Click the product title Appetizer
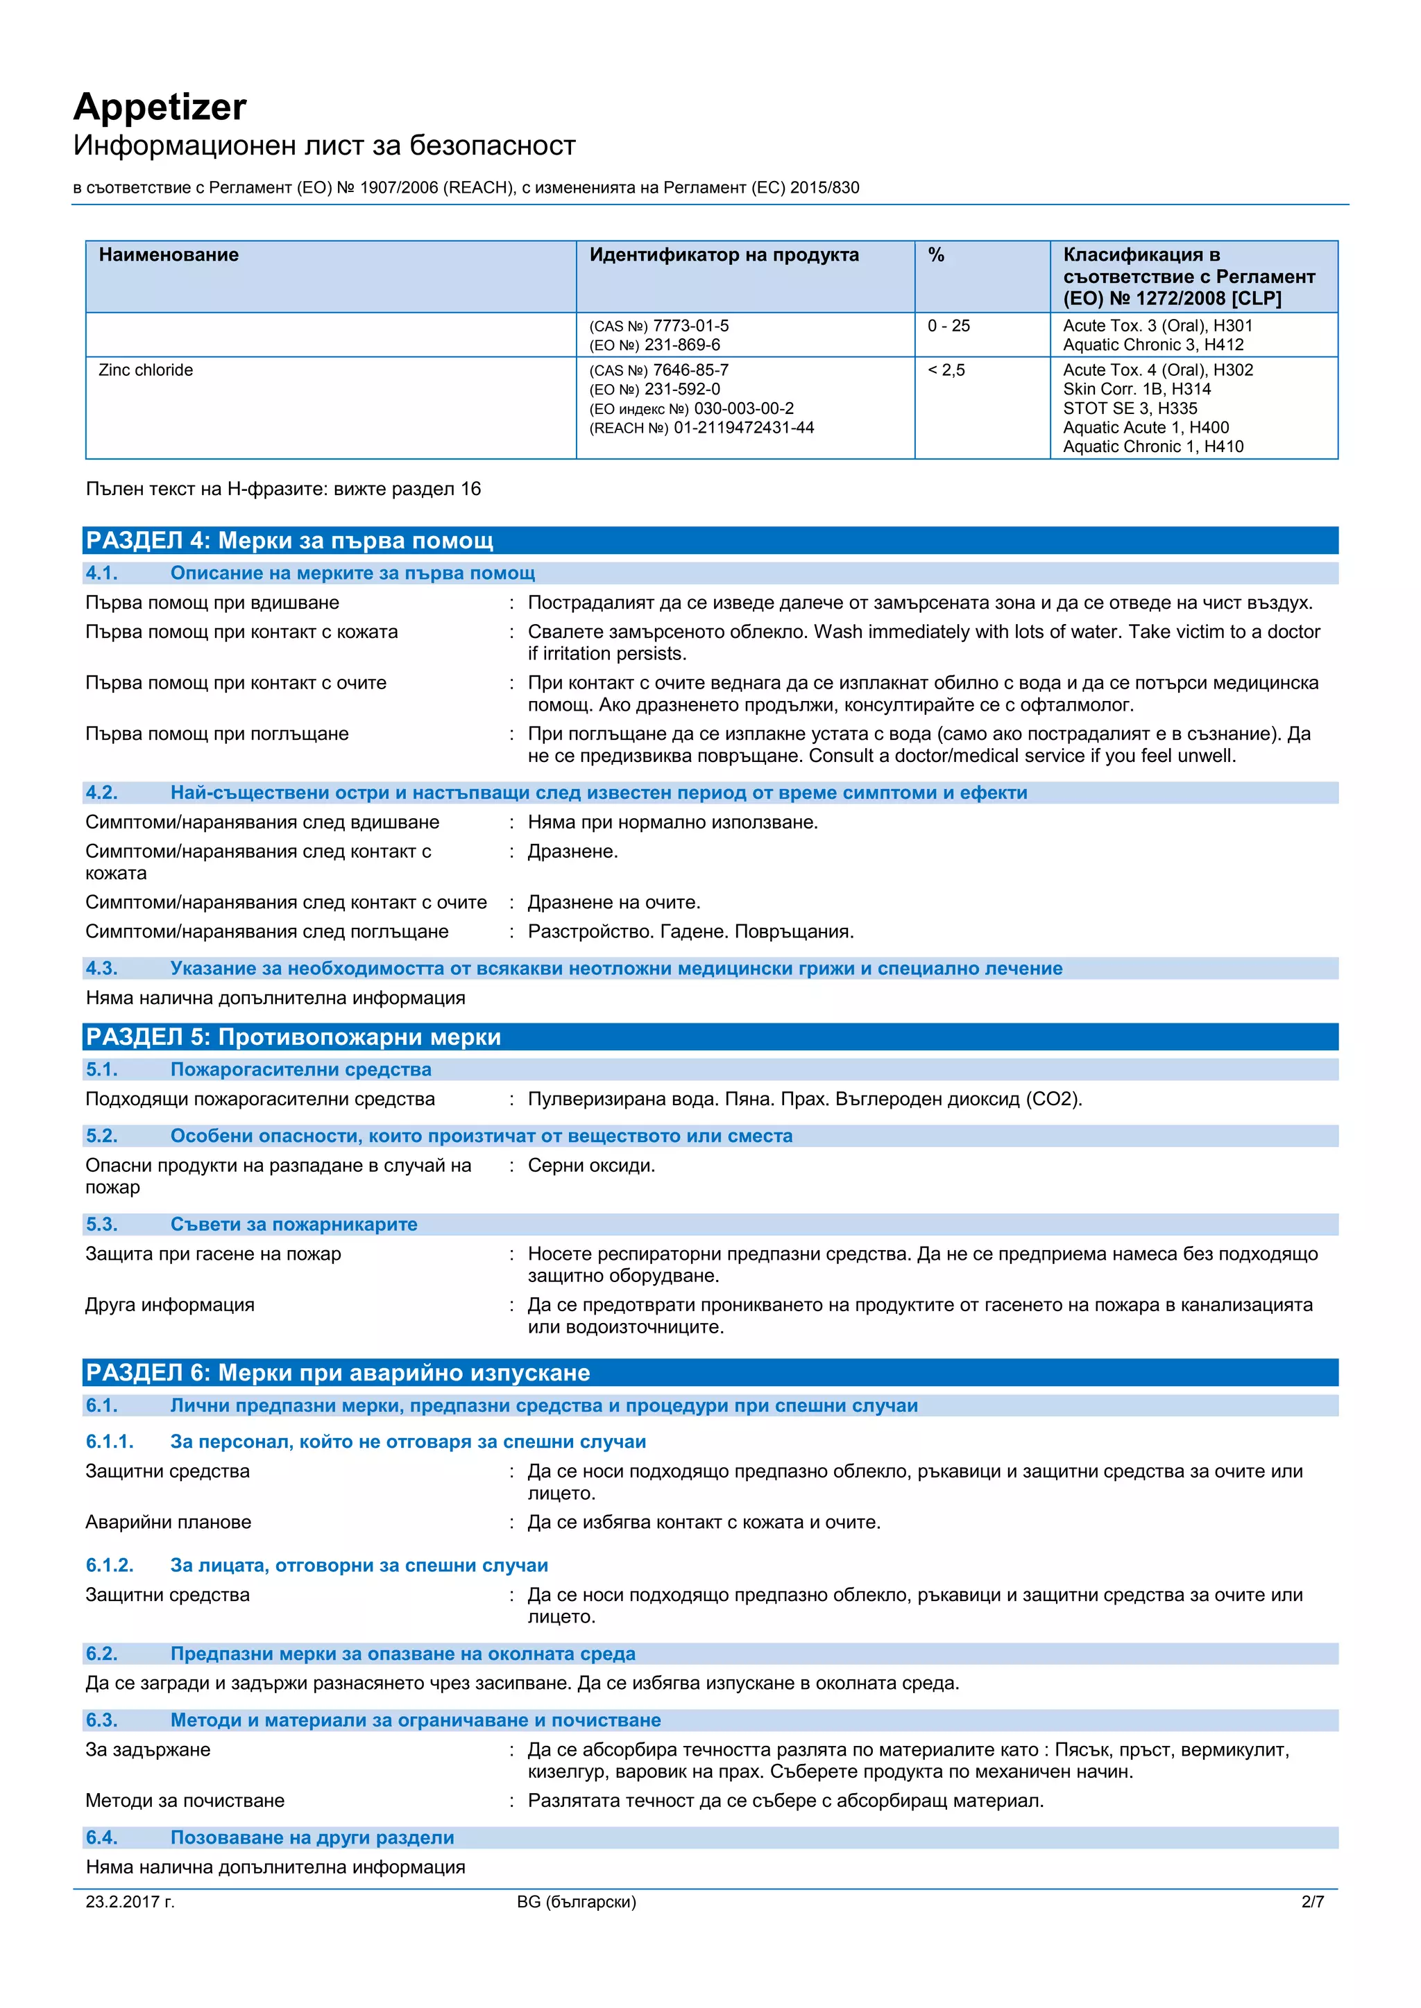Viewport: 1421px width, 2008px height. pos(160,107)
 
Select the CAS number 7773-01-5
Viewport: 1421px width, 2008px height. pos(690,325)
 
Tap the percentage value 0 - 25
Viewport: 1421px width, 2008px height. pos(948,325)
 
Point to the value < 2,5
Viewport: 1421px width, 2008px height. pos(946,370)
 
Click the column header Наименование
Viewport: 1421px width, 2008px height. pos(169,254)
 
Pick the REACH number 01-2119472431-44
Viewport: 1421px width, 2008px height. pos(743,428)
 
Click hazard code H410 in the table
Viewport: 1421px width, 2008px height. pos(1223,447)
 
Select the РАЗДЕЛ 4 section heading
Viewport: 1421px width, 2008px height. pos(289,540)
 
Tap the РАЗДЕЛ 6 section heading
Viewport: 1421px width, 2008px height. pos(338,1373)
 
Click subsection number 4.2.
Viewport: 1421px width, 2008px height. pos(101,793)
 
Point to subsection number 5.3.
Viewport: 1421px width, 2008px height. pos(101,1224)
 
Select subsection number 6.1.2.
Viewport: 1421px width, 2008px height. pos(110,1566)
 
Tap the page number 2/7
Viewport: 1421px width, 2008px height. pos(1313,1901)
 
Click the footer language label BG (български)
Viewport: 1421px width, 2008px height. pos(577,1901)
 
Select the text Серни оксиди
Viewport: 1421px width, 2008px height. pos(590,1166)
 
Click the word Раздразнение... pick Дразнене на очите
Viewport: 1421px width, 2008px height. pos(613,903)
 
